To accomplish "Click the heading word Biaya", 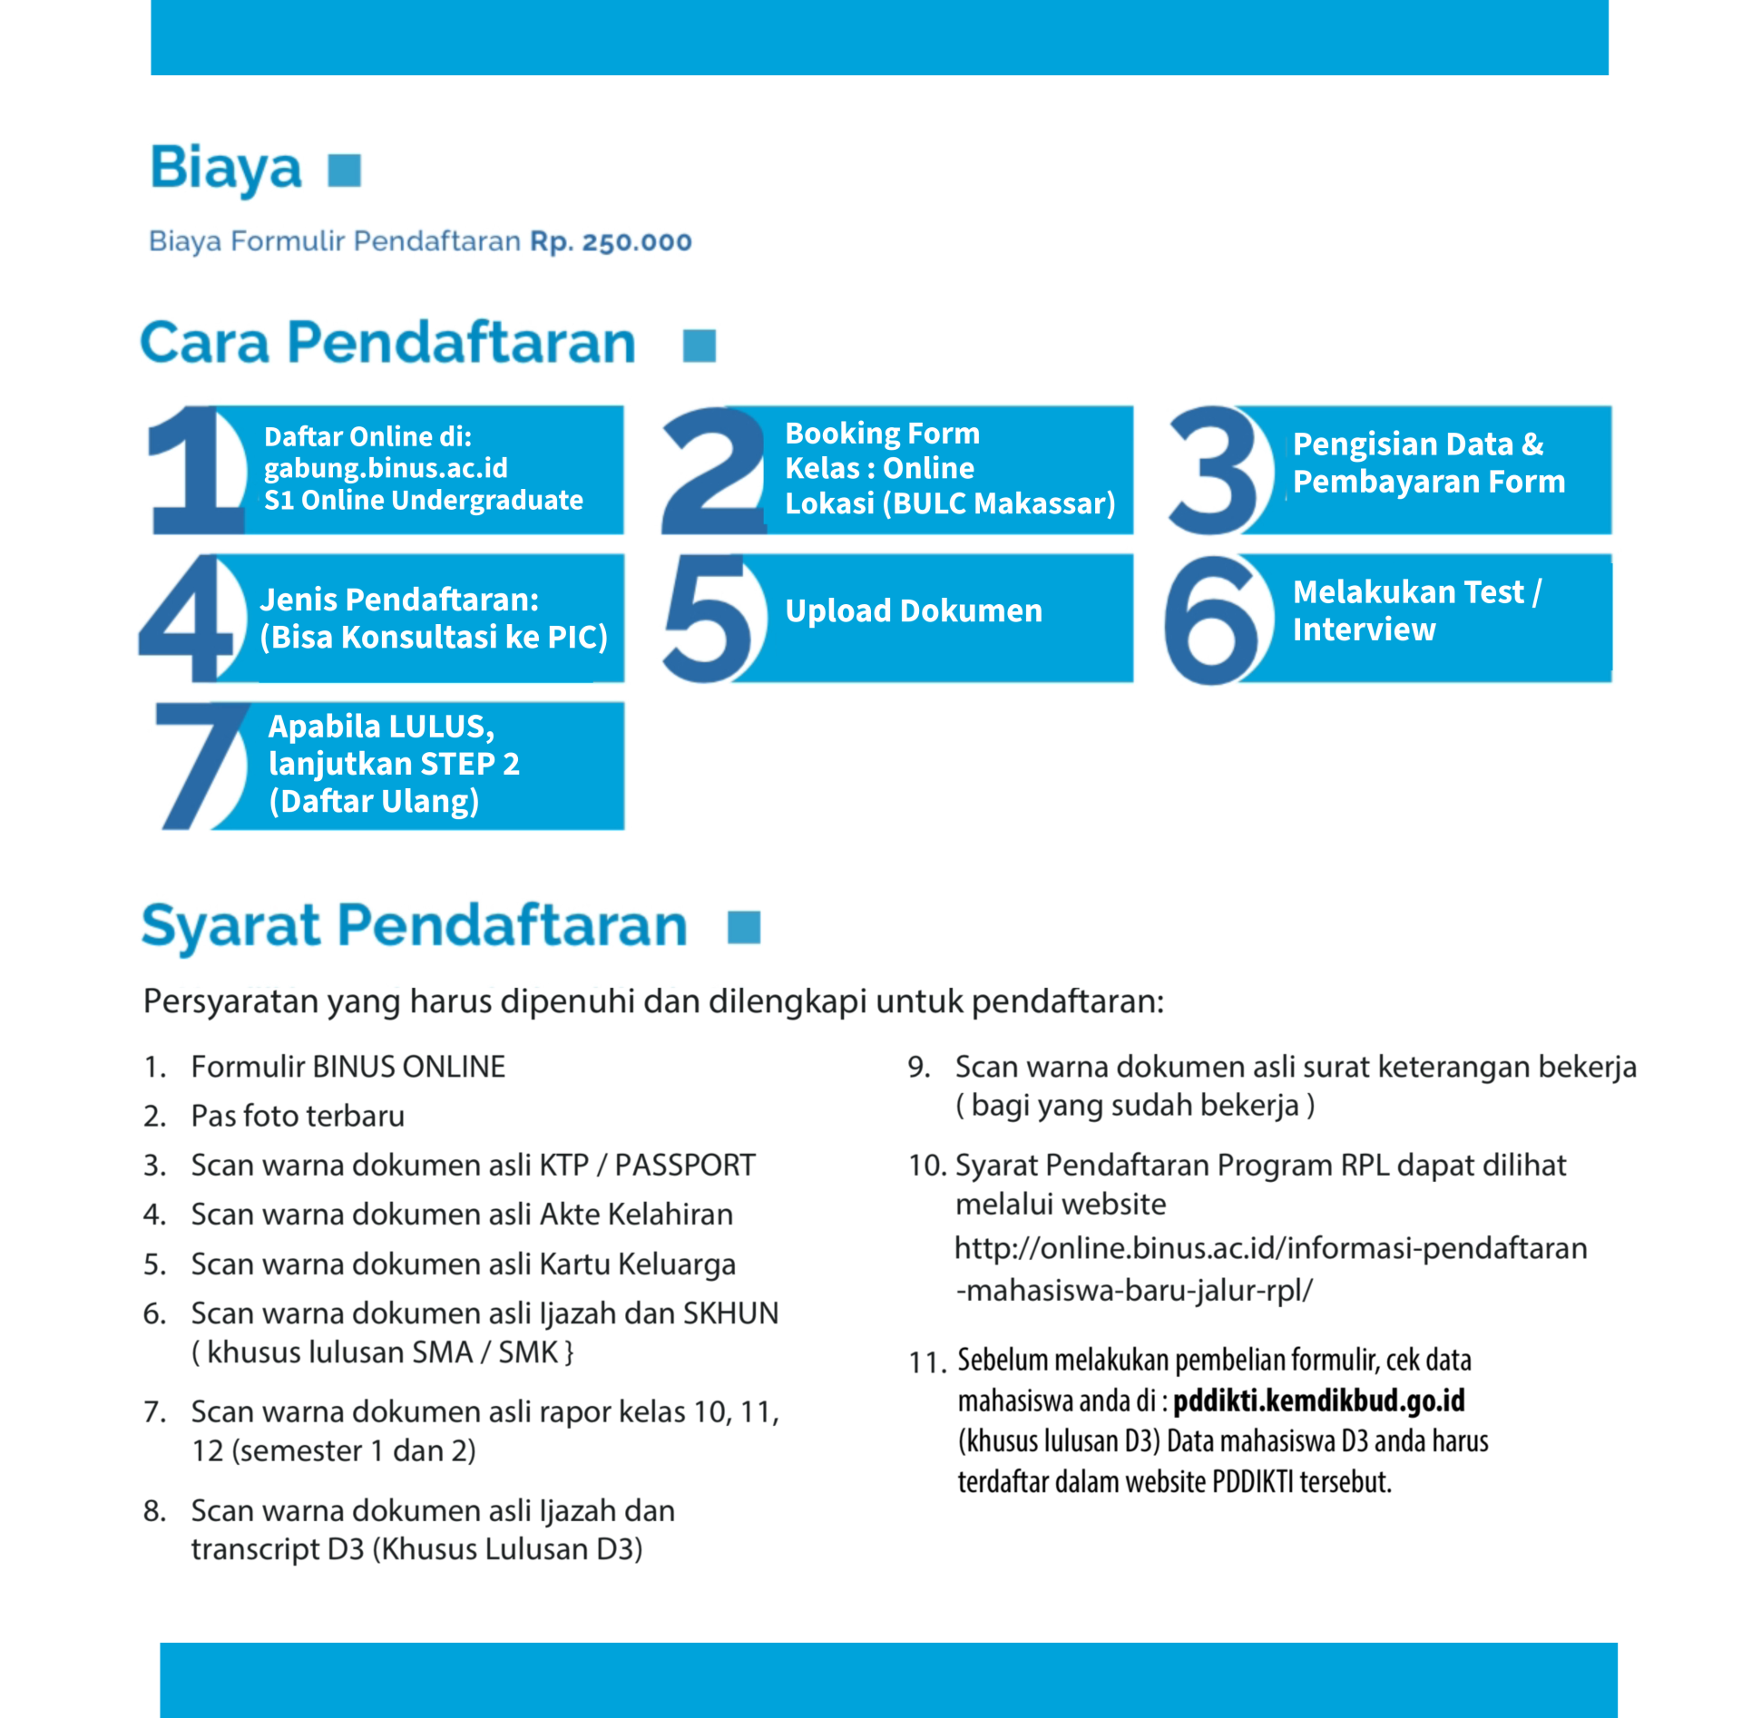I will point(225,169).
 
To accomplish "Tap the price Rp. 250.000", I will point(611,241).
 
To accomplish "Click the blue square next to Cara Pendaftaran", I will point(699,346).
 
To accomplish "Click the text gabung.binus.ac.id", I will point(386,468).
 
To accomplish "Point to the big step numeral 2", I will point(713,471).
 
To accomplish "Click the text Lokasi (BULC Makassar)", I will point(949,503).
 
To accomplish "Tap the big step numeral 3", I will point(1212,471).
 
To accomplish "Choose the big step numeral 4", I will point(189,619).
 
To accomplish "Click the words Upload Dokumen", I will point(913,610).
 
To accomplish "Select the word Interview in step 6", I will point(1364,630).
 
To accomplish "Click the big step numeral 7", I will point(201,766).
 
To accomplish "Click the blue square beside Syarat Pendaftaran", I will point(743,927).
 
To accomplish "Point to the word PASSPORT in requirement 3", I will point(684,1165).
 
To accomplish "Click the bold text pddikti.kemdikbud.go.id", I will point(1318,1401).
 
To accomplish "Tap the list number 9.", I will point(918,1067).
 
